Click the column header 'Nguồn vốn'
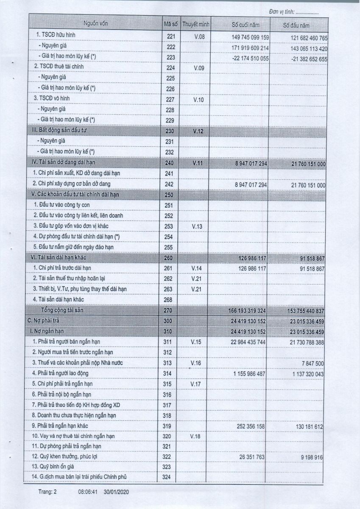pos(96,23)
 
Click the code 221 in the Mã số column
pos(171,37)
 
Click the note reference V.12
pos(198,131)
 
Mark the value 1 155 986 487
pos(249,374)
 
